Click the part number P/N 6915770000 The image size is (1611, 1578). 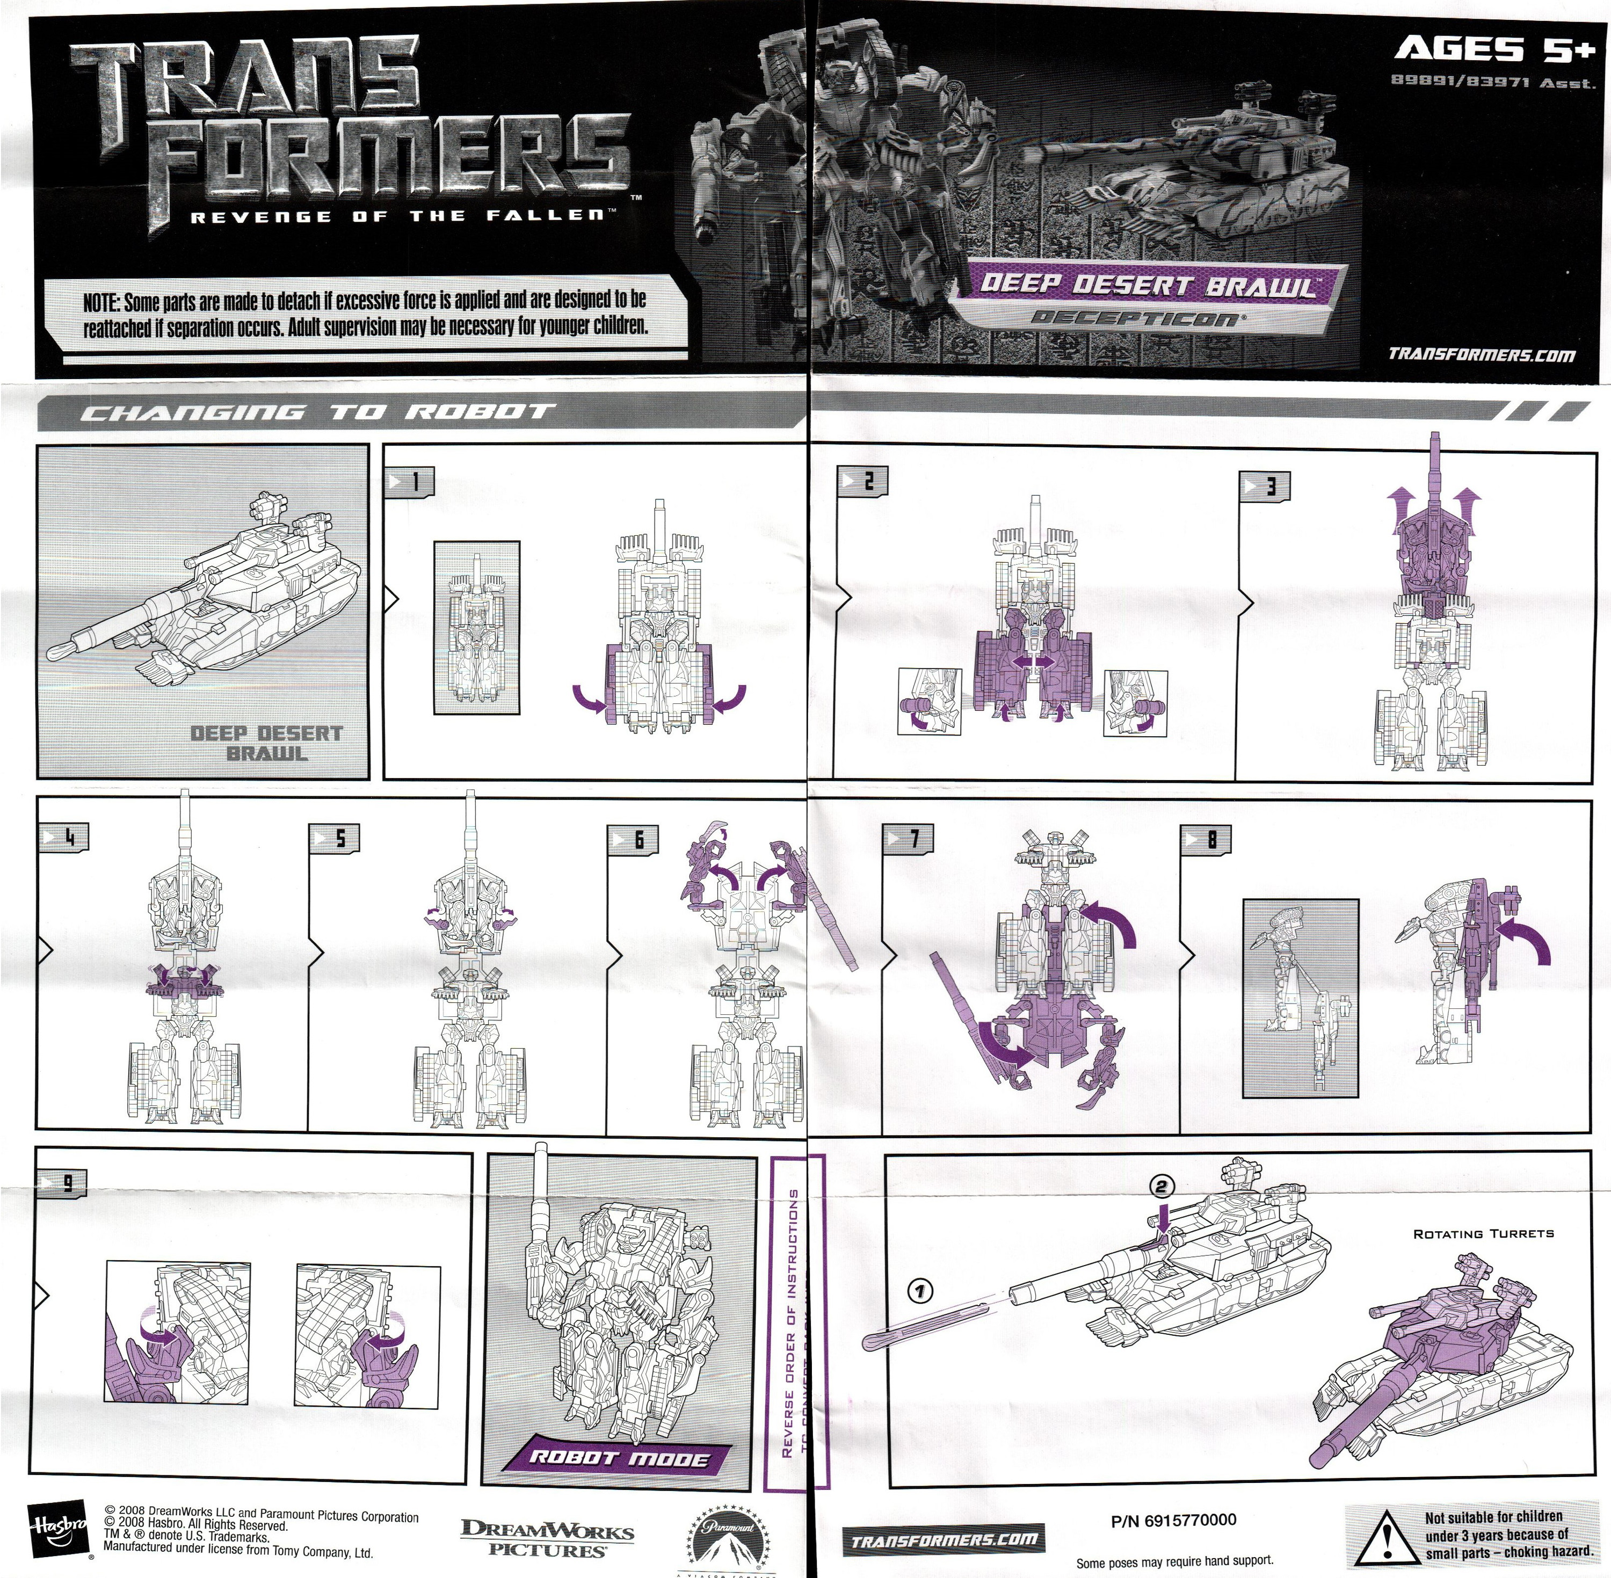(1173, 1519)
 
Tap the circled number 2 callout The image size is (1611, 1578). (1161, 1187)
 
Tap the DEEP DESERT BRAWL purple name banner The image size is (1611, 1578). (1147, 286)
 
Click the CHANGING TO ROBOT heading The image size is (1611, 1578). (315, 412)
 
